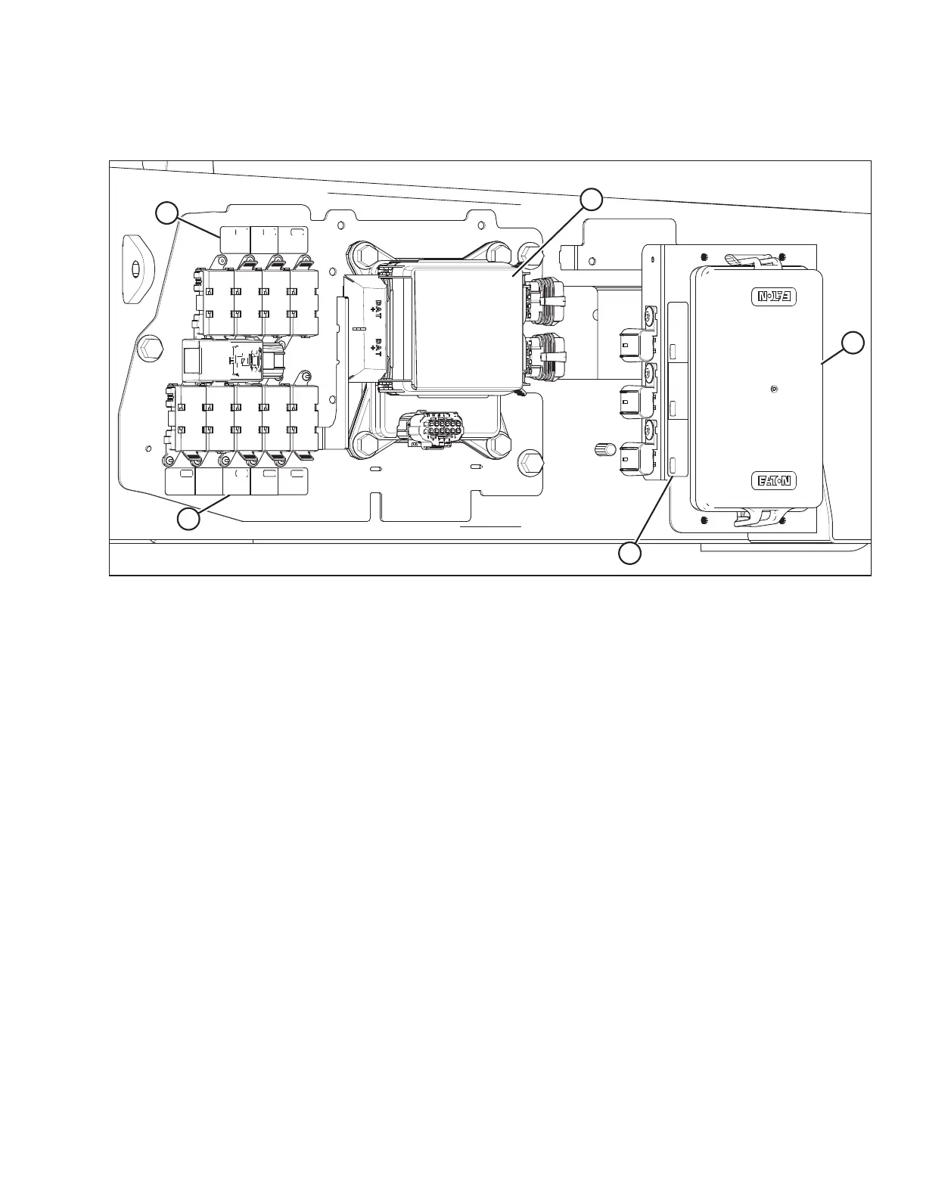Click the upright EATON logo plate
click(775, 480)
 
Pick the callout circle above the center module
click(592, 200)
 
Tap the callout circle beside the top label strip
click(167, 213)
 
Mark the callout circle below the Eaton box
click(629, 554)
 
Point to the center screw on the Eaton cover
click(772, 389)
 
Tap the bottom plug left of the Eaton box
click(632, 459)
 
